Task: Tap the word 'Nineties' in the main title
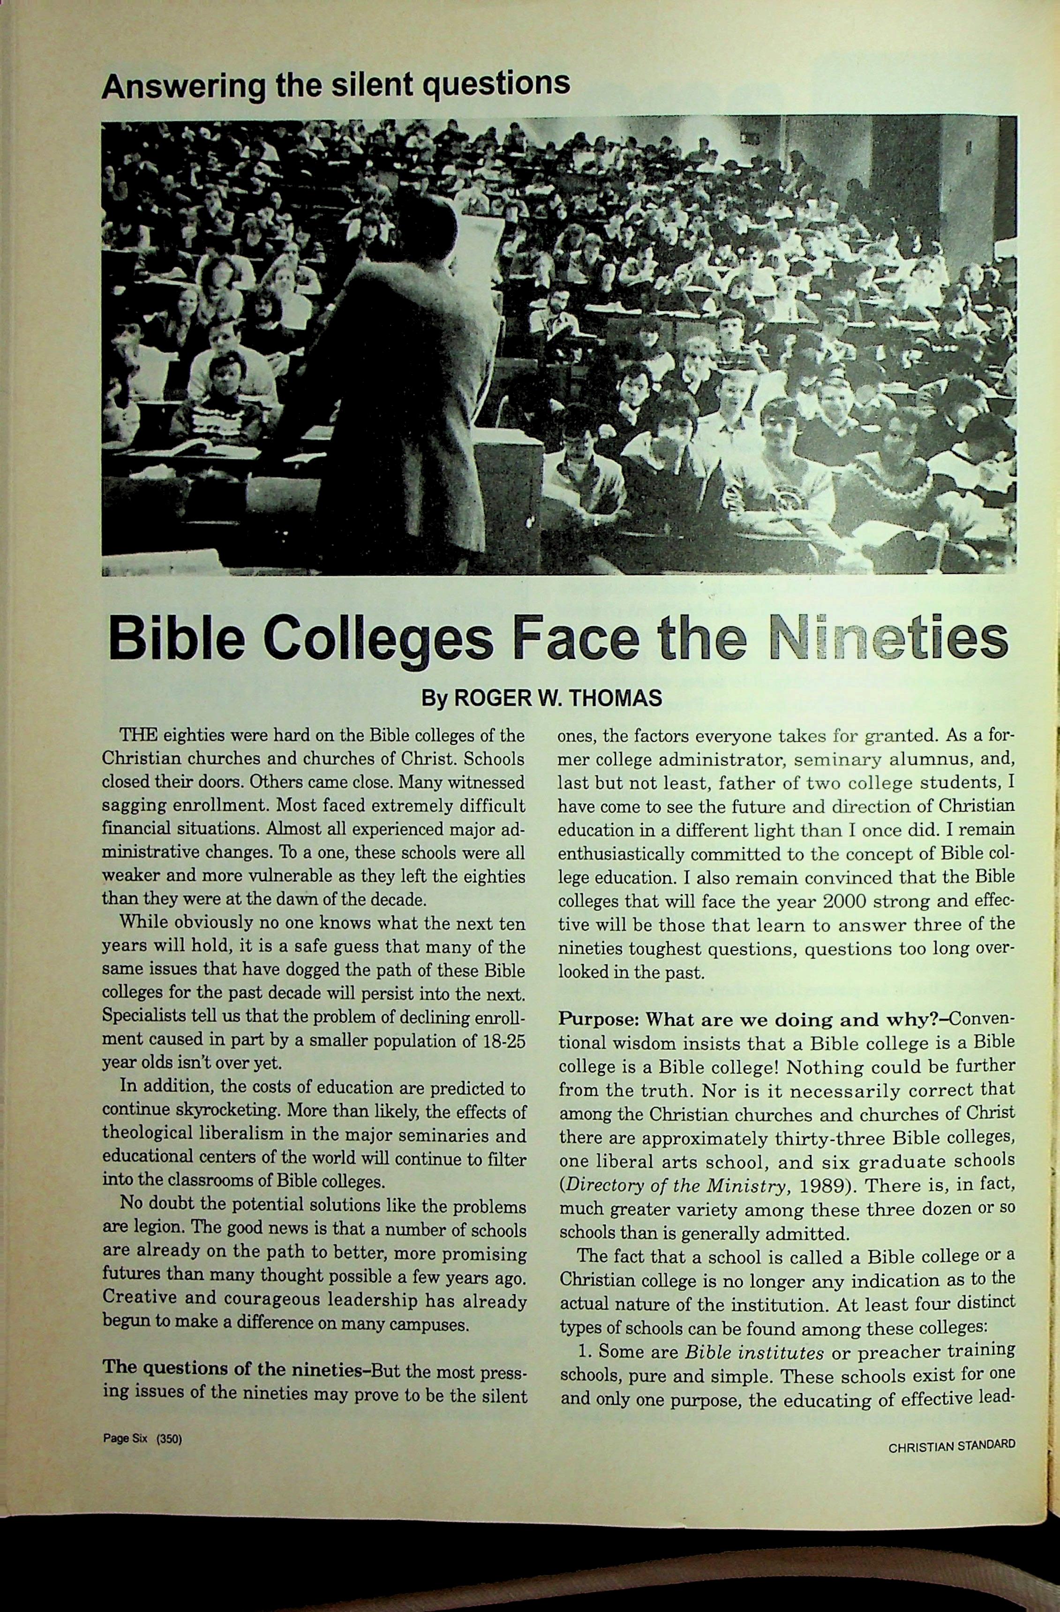click(888, 638)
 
